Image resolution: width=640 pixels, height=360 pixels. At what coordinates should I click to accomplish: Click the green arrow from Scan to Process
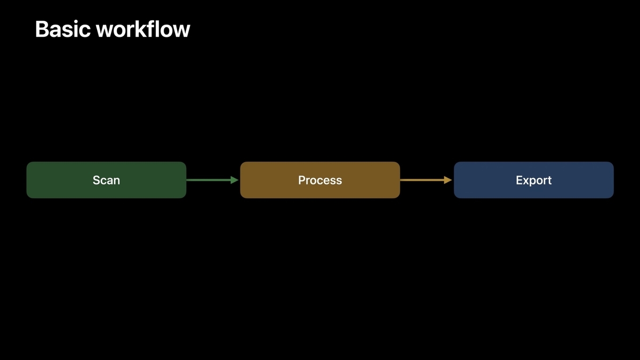click(x=208, y=180)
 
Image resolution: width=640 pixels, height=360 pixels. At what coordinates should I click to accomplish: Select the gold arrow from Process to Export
click(x=421, y=180)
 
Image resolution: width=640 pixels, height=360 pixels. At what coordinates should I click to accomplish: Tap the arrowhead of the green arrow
click(x=234, y=180)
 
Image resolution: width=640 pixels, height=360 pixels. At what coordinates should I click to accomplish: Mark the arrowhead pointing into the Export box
click(x=448, y=180)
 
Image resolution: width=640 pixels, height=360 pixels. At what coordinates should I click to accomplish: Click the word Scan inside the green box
click(x=106, y=180)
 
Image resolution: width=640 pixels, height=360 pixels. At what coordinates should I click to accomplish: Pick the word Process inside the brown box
click(x=320, y=180)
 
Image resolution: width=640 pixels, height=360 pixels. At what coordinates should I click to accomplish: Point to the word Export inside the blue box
click(x=533, y=180)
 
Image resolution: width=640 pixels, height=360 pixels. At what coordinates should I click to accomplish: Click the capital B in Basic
click(x=42, y=29)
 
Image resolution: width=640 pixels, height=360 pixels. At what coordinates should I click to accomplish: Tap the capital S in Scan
click(x=97, y=180)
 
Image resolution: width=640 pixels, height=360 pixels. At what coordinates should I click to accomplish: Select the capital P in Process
click(x=302, y=180)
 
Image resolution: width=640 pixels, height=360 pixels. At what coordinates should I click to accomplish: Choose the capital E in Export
click(x=519, y=180)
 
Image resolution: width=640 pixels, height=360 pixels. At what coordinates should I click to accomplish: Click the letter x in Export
click(x=525, y=181)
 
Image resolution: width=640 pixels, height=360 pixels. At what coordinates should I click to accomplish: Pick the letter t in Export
click(x=549, y=180)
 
